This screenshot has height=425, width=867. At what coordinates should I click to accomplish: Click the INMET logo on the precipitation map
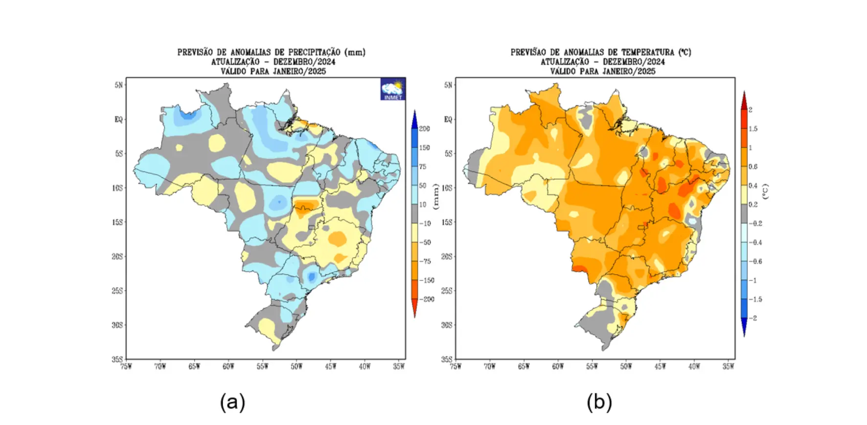click(x=393, y=89)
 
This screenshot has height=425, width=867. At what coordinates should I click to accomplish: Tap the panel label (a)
click(x=232, y=402)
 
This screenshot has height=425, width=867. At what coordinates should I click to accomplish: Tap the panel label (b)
click(x=599, y=402)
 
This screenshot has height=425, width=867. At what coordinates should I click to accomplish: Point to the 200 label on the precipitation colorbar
click(x=424, y=129)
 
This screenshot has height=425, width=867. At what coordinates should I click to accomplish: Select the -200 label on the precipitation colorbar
click(x=428, y=299)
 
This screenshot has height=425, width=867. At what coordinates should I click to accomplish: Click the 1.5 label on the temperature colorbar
click(x=753, y=129)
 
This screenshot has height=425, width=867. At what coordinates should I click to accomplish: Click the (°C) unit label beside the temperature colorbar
click(x=766, y=191)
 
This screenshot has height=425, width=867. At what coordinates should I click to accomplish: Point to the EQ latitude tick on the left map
click(x=118, y=119)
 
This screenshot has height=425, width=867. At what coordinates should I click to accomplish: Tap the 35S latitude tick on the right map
click(x=448, y=359)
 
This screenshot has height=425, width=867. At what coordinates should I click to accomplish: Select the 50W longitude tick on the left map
click(x=296, y=366)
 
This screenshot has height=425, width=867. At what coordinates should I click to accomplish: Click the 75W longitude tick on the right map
click(x=456, y=366)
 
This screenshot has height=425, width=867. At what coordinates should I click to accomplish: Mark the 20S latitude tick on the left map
click(x=117, y=257)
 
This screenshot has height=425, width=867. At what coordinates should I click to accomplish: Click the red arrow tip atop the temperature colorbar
click(x=744, y=96)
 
